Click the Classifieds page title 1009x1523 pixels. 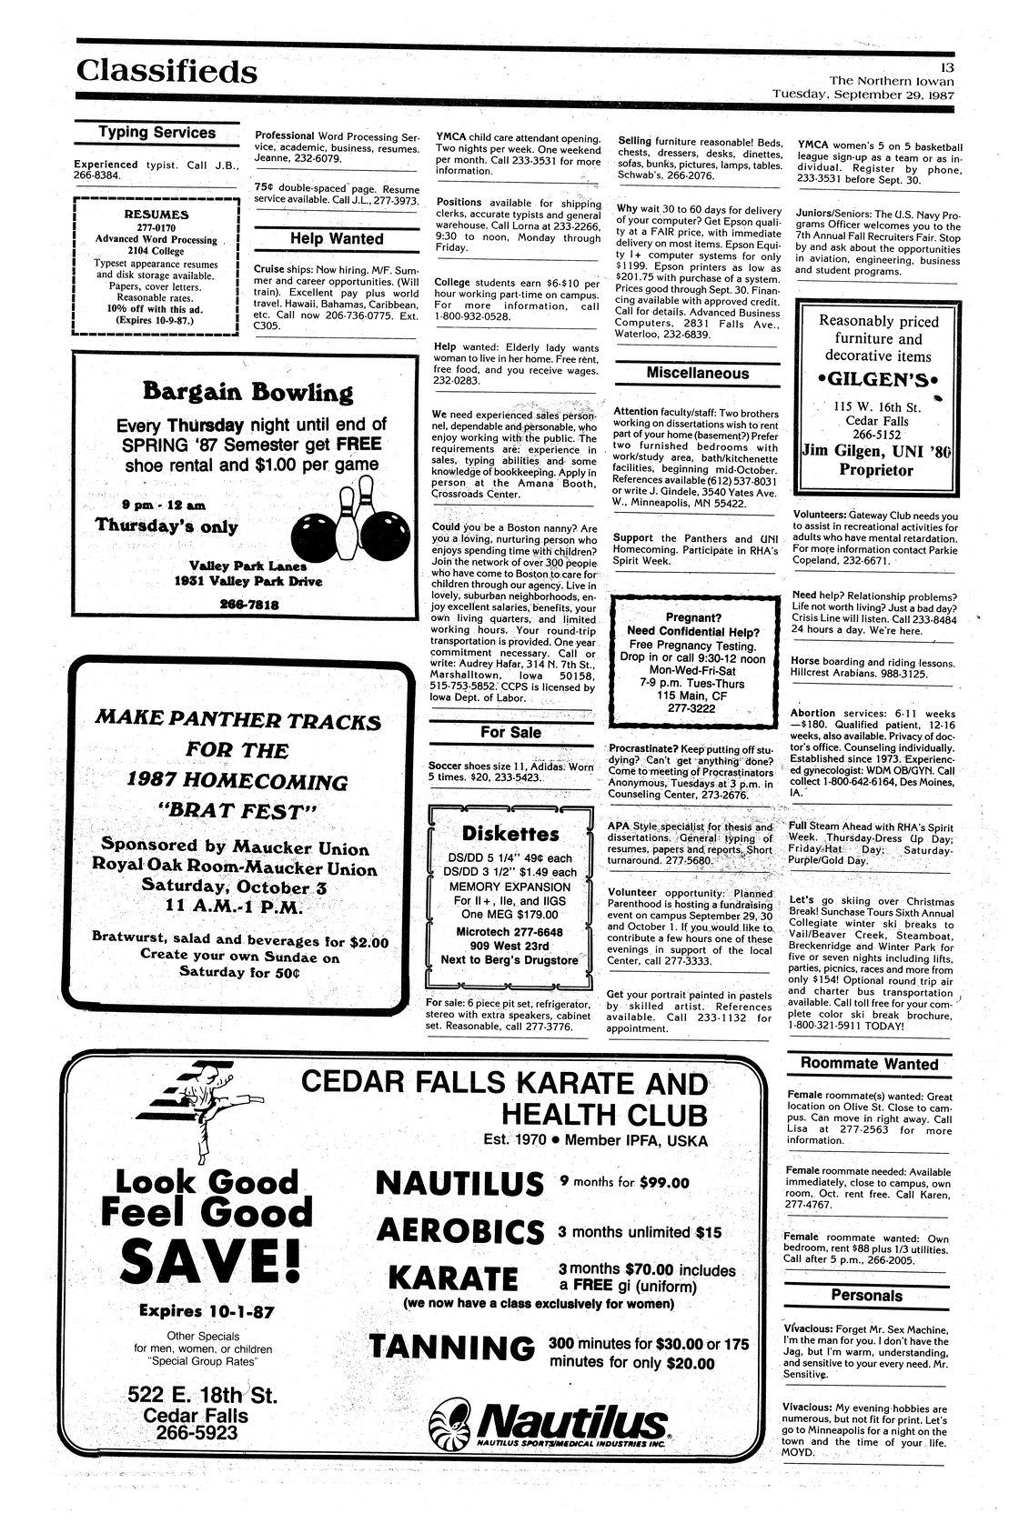(166, 70)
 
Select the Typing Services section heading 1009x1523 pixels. (156, 133)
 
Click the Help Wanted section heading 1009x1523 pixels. (337, 239)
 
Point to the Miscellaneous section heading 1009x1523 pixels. (697, 374)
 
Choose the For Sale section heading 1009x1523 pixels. (510, 732)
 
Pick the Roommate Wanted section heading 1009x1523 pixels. (869, 1064)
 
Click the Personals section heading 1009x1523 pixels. (866, 1296)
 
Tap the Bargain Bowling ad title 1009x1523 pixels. (247, 394)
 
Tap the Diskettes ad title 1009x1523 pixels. (510, 833)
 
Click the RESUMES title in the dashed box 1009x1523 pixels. (156, 215)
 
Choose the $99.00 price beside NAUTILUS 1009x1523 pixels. (664, 1183)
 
